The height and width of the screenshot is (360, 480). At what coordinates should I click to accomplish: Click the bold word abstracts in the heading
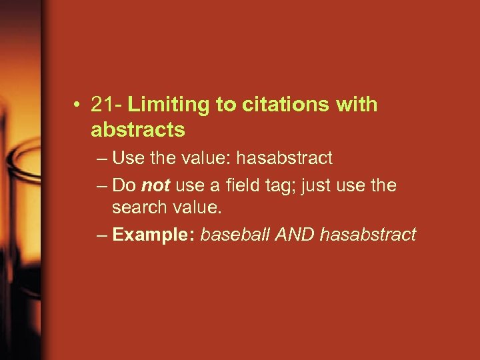(138, 129)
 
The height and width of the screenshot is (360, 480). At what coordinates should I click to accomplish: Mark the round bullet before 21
(79, 105)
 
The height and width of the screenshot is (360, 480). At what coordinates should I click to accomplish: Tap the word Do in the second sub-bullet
(124, 185)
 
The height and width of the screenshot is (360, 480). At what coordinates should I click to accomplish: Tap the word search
(138, 208)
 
